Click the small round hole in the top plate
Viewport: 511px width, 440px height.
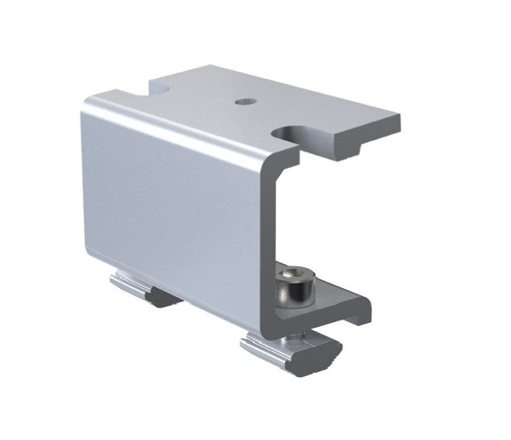pyautogui.click(x=244, y=103)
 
